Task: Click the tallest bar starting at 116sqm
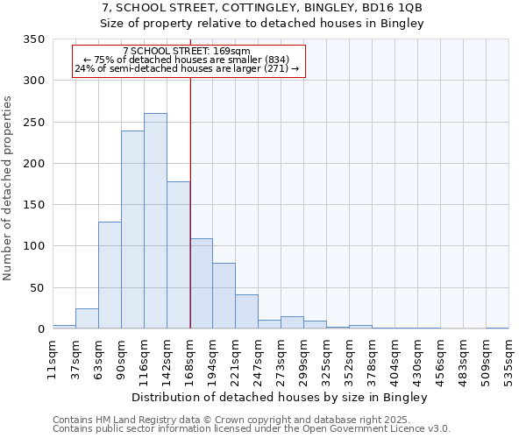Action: click(155, 221)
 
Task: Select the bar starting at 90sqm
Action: click(132, 230)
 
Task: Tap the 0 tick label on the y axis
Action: click(39, 329)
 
